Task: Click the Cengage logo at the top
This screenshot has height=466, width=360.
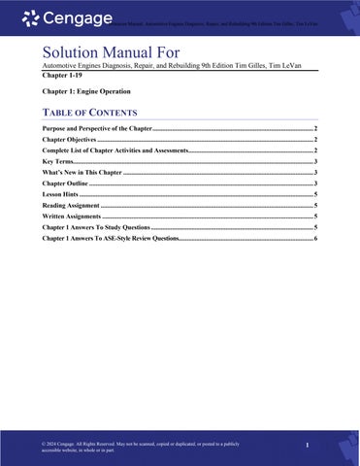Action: click(63, 17)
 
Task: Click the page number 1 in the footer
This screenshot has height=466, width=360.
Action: click(306, 446)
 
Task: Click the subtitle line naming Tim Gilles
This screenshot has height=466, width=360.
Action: click(166, 65)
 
